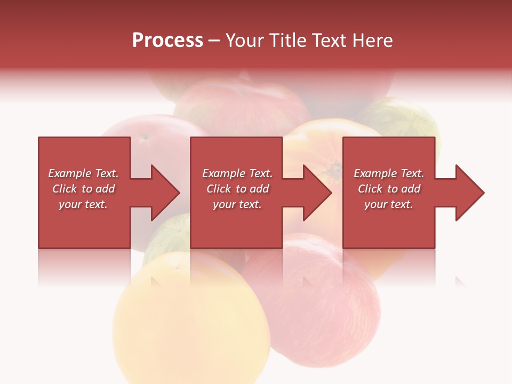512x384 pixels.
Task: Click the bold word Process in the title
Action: (167, 41)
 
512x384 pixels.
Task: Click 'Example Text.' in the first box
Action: (83, 173)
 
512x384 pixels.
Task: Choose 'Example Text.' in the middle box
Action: (237, 173)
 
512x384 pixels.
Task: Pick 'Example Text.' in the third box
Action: (389, 173)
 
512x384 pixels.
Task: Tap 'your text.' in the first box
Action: (83, 204)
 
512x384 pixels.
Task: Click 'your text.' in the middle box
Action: (237, 204)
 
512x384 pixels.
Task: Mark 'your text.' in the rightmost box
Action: (389, 204)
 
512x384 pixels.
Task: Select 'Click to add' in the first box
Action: (83, 189)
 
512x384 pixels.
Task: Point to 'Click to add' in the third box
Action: (389, 189)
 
